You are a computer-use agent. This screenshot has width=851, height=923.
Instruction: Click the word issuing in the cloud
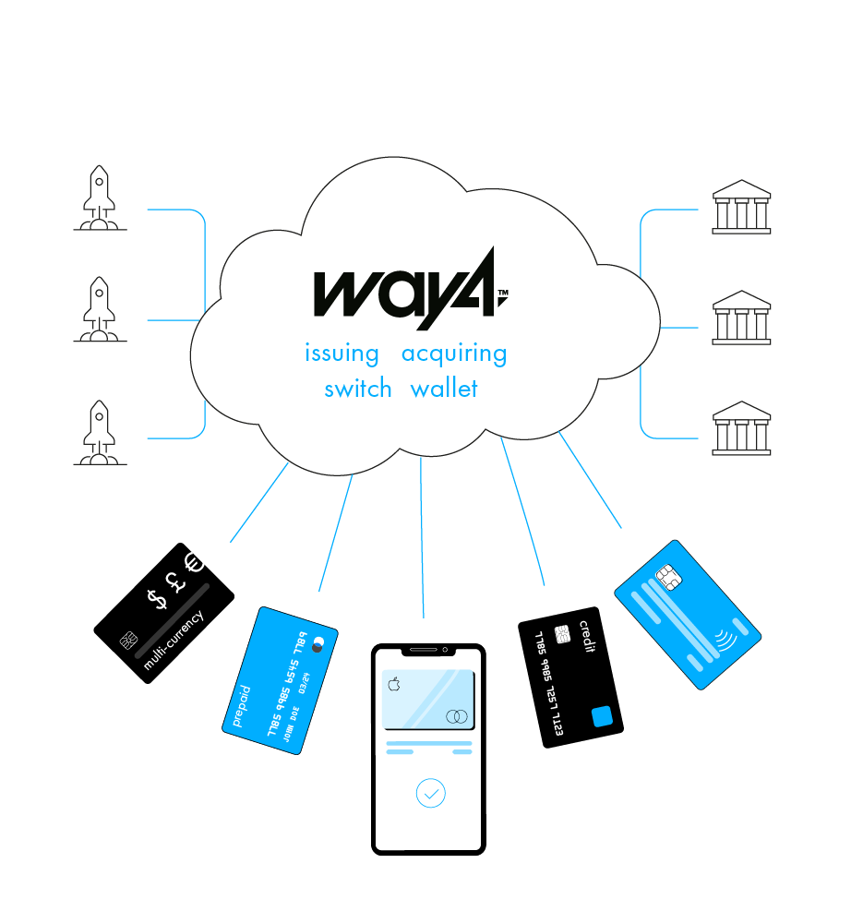pyautogui.click(x=342, y=354)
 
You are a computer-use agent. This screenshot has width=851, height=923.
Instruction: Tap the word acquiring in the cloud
pyautogui.click(x=454, y=354)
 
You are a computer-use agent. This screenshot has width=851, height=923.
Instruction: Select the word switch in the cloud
pyautogui.click(x=358, y=389)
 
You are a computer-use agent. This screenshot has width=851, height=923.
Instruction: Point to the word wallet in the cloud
pyautogui.click(x=444, y=388)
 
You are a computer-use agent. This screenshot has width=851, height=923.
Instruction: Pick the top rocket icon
pyautogui.click(x=100, y=198)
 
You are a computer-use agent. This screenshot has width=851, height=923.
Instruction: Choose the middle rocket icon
pyautogui.click(x=100, y=310)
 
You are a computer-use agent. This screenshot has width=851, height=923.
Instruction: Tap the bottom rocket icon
pyautogui.click(x=100, y=433)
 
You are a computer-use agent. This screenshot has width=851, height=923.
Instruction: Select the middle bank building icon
pyautogui.click(x=741, y=318)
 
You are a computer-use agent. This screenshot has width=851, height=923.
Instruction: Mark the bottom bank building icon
pyautogui.click(x=741, y=427)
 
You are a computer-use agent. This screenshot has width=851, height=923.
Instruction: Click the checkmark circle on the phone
pyautogui.click(x=430, y=793)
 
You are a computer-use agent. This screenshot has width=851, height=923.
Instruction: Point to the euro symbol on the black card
pyautogui.click(x=193, y=562)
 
